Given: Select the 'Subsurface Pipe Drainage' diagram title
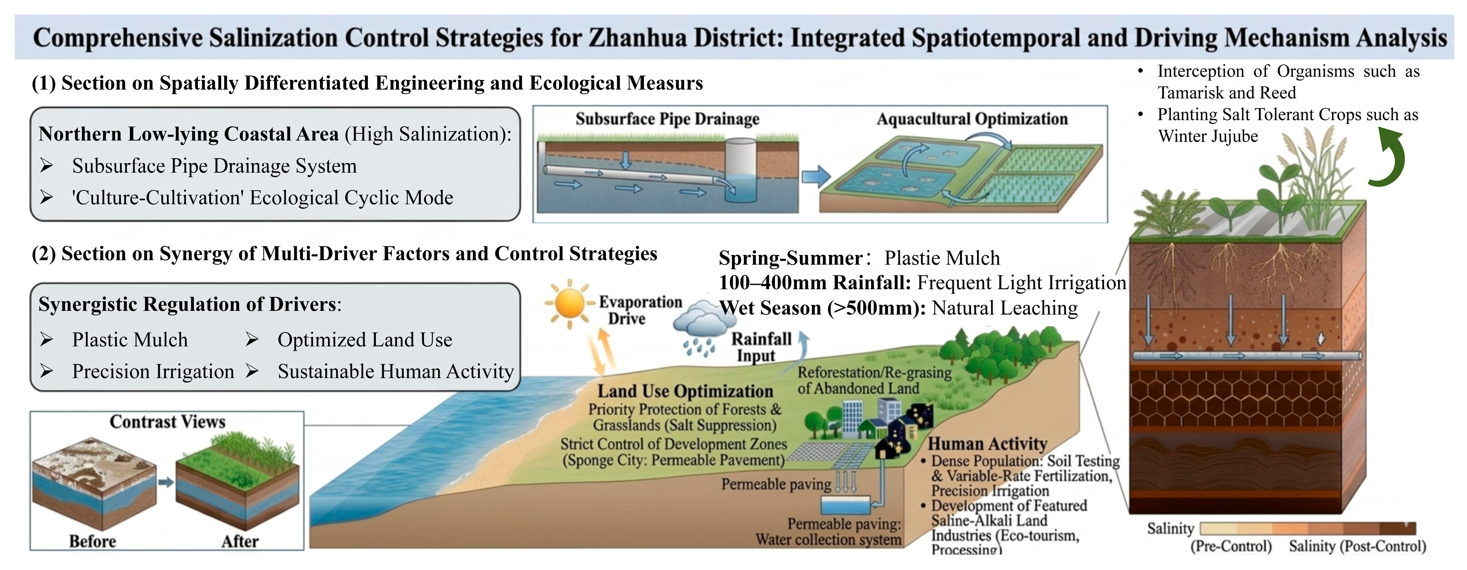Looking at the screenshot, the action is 667,119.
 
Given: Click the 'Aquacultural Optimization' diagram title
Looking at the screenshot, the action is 972,119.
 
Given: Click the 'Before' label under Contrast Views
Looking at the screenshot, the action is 92,541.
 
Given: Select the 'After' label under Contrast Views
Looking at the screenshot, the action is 240,541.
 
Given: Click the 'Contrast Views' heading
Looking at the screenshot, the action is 168,421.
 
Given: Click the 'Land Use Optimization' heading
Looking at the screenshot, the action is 685,391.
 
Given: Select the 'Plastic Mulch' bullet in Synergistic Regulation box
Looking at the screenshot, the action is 130,339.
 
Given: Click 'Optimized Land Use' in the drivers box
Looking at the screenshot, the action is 365,339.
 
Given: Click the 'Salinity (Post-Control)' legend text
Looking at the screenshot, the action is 1357,546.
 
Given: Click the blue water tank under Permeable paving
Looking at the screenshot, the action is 846,505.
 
